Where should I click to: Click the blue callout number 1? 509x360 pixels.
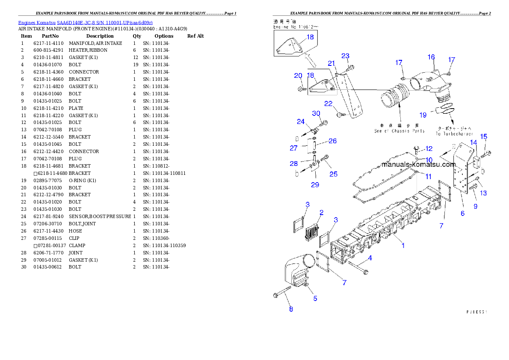pyautogui.click(x=403, y=245)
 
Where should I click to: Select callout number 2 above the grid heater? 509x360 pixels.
pyautogui.click(x=321, y=212)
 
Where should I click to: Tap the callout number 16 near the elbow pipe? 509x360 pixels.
pyautogui.click(x=431, y=57)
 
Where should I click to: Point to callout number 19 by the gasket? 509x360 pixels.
pyautogui.click(x=423, y=115)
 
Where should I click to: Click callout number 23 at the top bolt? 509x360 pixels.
pyautogui.click(x=345, y=56)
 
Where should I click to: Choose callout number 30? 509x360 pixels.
pyautogui.click(x=316, y=113)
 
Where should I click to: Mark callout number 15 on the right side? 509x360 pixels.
pyautogui.click(x=483, y=136)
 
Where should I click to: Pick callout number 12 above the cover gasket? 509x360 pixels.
pyautogui.click(x=429, y=149)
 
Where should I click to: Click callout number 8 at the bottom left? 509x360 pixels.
pyautogui.click(x=291, y=309)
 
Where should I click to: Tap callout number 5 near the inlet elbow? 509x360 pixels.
pyautogui.click(x=315, y=298)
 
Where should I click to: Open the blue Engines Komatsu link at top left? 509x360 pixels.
pyautogui.click(x=85, y=22)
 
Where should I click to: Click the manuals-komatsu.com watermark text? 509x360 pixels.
pyautogui.click(x=418, y=165)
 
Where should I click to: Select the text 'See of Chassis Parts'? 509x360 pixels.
pyautogui.click(x=400, y=131)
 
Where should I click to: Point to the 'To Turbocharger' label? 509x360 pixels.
pyautogui.click(x=454, y=134)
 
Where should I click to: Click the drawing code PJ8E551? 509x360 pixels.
pyautogui.click(x=476, y=312)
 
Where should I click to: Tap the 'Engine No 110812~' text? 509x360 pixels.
pyautogui.click(x=296, y=27)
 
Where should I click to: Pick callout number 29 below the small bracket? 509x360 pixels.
pyautogui.click(x=315, y=185)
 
